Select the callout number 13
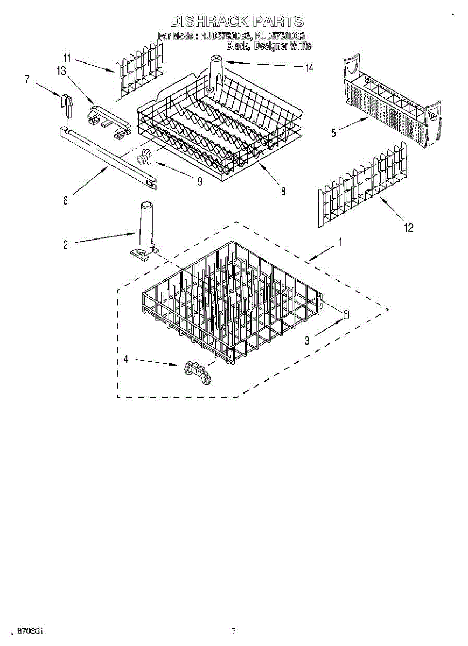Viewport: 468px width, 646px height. (x=62, y=70)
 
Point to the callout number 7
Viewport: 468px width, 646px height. (x=27, y=79)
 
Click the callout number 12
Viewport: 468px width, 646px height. (x=409, y=228)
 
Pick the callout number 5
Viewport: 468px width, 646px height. (x=334, y=132)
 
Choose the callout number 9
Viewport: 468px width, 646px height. (x=199, y=181)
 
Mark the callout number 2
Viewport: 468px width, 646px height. (x=66, y=244)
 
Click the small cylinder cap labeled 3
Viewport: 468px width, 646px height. (x=347, y=313)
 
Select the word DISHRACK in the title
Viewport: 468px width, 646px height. (x=209, y=22)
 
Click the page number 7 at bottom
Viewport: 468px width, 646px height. (x=233, y=631)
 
